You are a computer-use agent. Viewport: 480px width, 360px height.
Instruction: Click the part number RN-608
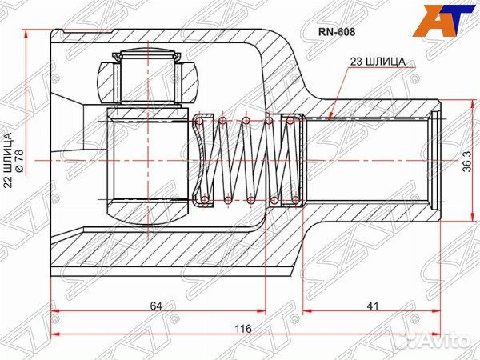[x=337, y=32]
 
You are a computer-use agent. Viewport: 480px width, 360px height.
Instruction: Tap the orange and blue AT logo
[x=442, y=21]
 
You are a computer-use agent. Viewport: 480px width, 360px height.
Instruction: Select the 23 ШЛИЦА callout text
[x=378, y=62]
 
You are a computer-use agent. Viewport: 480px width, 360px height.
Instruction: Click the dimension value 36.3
[x=467, y=161]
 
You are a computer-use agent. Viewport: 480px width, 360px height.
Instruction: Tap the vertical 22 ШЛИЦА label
[x=8, y=160]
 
